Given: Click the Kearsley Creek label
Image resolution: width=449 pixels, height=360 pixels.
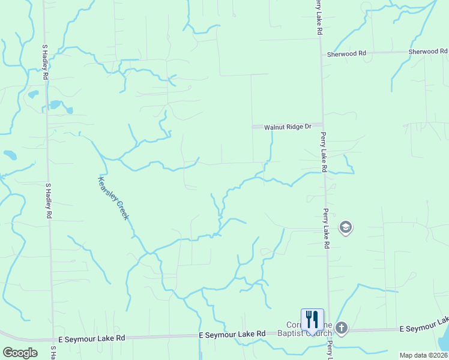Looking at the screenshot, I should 113,197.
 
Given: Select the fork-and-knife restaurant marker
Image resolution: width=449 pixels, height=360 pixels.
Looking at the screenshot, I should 312,320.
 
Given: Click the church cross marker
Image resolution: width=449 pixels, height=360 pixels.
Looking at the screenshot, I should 342,328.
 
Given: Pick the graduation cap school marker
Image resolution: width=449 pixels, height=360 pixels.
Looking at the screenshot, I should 346,227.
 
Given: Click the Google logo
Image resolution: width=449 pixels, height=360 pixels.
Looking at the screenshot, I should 20,352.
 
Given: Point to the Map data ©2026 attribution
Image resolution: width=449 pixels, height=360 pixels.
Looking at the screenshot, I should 423,355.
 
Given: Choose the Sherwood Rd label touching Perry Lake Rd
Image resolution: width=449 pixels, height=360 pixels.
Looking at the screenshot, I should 346,54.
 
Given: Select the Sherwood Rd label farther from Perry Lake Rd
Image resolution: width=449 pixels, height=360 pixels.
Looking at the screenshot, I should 428,52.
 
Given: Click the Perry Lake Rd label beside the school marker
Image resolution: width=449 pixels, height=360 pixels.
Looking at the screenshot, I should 327,229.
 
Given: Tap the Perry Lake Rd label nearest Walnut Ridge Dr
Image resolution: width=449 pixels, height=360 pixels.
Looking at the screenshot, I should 323,152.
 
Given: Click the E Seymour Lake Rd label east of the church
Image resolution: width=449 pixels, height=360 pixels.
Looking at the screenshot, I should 423,329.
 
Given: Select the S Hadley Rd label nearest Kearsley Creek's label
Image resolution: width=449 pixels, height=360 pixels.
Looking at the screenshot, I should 48,202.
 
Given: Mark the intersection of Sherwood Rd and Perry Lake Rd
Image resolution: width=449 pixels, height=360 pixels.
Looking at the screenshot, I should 320,54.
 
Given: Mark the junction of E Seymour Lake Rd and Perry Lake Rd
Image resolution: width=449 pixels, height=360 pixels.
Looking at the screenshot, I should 329,331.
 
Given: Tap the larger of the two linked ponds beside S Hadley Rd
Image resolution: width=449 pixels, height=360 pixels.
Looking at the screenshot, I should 55,104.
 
